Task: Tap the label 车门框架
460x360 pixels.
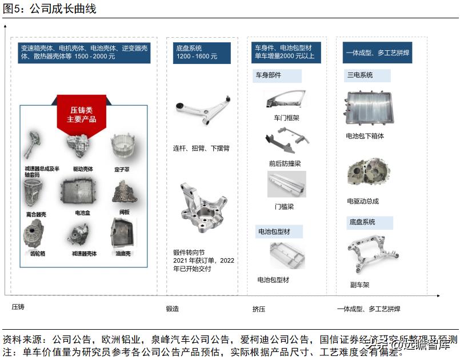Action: [x=286, y=118]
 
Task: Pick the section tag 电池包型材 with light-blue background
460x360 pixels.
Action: [x=278, y=231]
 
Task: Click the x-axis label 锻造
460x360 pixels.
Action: [x=173, y=309]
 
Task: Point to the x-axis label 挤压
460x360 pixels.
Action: [x=259, y=309]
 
